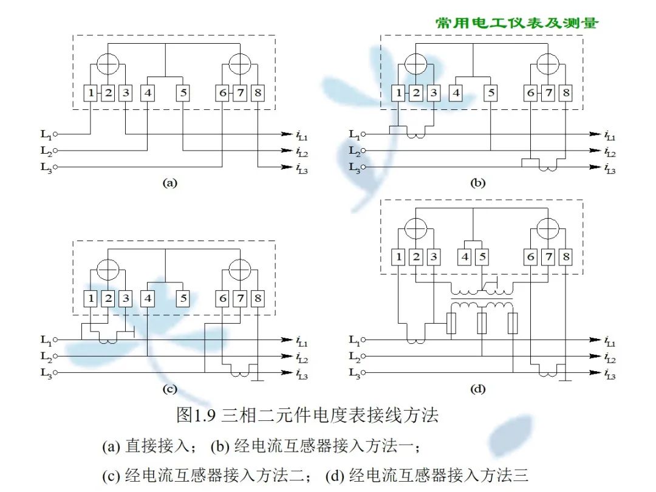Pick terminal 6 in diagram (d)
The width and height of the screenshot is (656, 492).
531,257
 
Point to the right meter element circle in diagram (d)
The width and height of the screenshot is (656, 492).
548,228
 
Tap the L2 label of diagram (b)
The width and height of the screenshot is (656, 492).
354,151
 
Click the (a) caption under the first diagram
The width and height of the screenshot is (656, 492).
169,182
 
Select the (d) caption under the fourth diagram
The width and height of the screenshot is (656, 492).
478,388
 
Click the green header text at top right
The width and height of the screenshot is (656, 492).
517,23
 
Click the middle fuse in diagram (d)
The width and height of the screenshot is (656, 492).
482,324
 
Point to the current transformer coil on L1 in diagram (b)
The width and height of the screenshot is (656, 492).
415,136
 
